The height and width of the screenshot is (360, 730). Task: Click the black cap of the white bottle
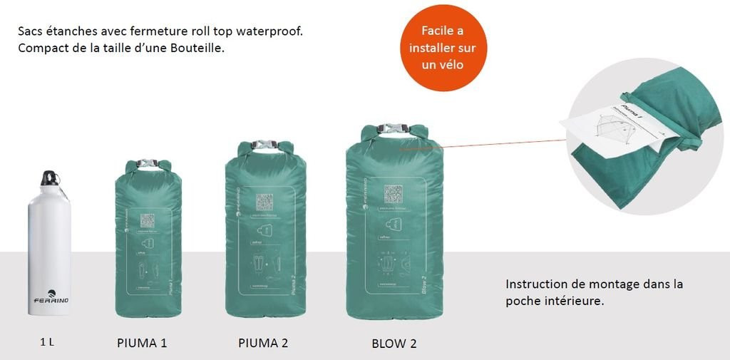(48, 178)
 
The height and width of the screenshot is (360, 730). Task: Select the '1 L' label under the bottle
(47, 343)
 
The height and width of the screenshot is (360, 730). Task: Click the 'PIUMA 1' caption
(142, 343)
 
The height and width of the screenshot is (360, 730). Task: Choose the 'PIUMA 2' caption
(263, 343)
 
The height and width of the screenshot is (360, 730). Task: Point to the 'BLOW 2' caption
(394, 344)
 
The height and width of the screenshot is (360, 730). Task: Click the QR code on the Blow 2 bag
(394, 194)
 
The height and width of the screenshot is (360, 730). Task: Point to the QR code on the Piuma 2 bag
(265, 202)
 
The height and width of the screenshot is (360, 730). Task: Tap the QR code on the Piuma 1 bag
(148, 221)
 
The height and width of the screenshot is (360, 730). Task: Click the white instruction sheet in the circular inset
(617, 131)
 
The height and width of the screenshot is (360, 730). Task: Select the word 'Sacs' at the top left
(31, 32)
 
